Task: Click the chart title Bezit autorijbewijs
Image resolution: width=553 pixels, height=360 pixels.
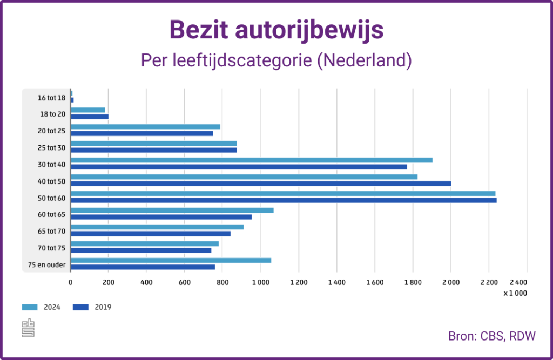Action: [x=276, y=30]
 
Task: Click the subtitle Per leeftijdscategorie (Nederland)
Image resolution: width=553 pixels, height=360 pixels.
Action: [x=276, y=60]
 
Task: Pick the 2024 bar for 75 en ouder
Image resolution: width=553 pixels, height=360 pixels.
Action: [x=171, y=260]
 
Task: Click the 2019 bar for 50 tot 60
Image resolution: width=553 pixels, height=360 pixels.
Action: [x=283, y=200]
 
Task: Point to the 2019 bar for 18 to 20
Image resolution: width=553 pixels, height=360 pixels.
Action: [x=89, y=117]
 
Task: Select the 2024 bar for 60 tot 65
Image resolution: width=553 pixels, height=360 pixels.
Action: [x=172, y=210]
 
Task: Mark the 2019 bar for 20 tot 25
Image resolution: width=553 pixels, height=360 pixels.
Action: [x=141, y=133]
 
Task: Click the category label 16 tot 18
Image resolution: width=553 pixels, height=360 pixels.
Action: [x=51, y=98]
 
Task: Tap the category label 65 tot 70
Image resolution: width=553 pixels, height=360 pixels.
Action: [x=51, y=231]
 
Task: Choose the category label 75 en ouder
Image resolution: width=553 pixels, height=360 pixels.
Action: [x=47, y=264]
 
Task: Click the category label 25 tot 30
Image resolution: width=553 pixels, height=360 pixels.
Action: [x=51, y=148]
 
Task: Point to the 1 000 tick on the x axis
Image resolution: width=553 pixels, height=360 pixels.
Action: [x=260, y=282]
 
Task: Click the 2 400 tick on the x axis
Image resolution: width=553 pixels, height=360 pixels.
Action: [x=518, y=282]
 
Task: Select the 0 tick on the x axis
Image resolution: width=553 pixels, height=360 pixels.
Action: [x=70, y=282]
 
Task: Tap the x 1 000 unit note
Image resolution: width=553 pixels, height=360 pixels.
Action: [x=515, y=293]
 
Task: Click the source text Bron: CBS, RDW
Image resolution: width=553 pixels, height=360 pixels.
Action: [x=491, y=336]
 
